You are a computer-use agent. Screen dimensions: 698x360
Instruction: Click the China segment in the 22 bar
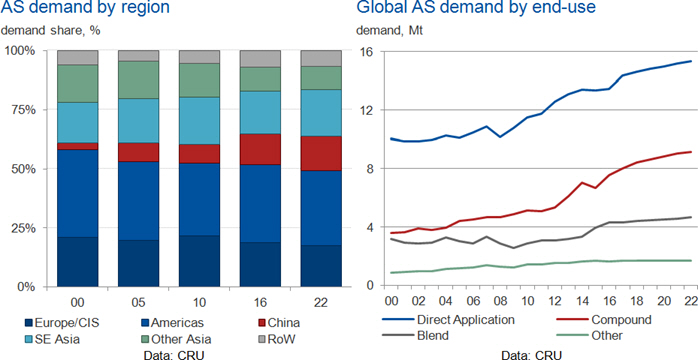[321, 154]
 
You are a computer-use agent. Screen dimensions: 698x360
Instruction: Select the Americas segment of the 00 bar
[77, 194]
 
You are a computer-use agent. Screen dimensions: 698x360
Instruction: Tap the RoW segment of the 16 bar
[260, 59]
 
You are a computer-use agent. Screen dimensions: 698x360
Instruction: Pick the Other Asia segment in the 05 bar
[138, 80]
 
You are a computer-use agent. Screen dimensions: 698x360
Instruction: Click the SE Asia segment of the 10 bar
[199, 121]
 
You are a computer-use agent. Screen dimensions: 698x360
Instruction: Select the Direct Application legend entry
[449, 320]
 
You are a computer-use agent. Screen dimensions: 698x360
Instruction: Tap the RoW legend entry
[276, 340]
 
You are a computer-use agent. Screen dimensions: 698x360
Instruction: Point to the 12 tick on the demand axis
[368, 110]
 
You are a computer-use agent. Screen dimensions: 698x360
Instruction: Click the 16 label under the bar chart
[260, 303]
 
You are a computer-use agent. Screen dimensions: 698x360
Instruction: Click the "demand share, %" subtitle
[50, 31]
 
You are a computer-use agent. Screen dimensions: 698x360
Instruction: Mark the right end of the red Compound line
[691, 152]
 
